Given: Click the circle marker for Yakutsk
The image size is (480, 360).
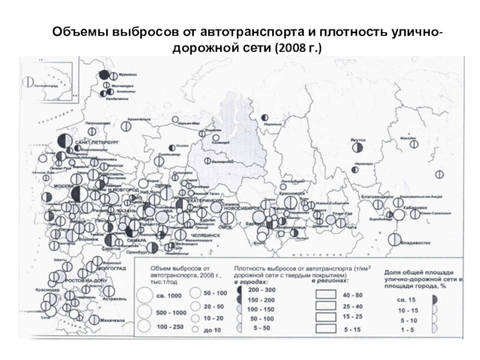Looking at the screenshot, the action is [x=358, y=148].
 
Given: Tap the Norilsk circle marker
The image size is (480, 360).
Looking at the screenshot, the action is [x=265, y=118].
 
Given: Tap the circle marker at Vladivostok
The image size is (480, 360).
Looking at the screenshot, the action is [x=394, y=239].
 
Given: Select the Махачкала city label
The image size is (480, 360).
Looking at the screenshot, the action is [x=112, y=321].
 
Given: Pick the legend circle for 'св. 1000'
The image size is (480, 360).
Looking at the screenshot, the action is [x=145, y=295].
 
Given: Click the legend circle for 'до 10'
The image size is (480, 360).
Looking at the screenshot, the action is [x=194, y=330].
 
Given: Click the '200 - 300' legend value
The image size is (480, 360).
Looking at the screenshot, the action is [x=262, y=289].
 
